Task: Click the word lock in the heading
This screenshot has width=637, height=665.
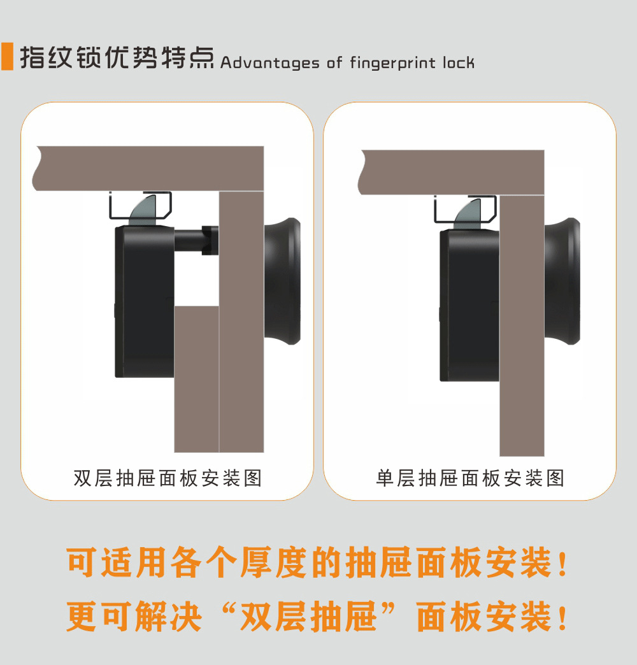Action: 461,62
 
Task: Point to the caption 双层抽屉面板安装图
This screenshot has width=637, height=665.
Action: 168,478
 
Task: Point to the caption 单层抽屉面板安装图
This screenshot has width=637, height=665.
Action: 470,478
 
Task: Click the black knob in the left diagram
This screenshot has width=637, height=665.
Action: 283,280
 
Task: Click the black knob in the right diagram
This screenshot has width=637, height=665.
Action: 563,280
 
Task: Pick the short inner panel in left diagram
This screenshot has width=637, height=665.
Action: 196,379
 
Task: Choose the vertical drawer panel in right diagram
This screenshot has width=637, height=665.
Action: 522,331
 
